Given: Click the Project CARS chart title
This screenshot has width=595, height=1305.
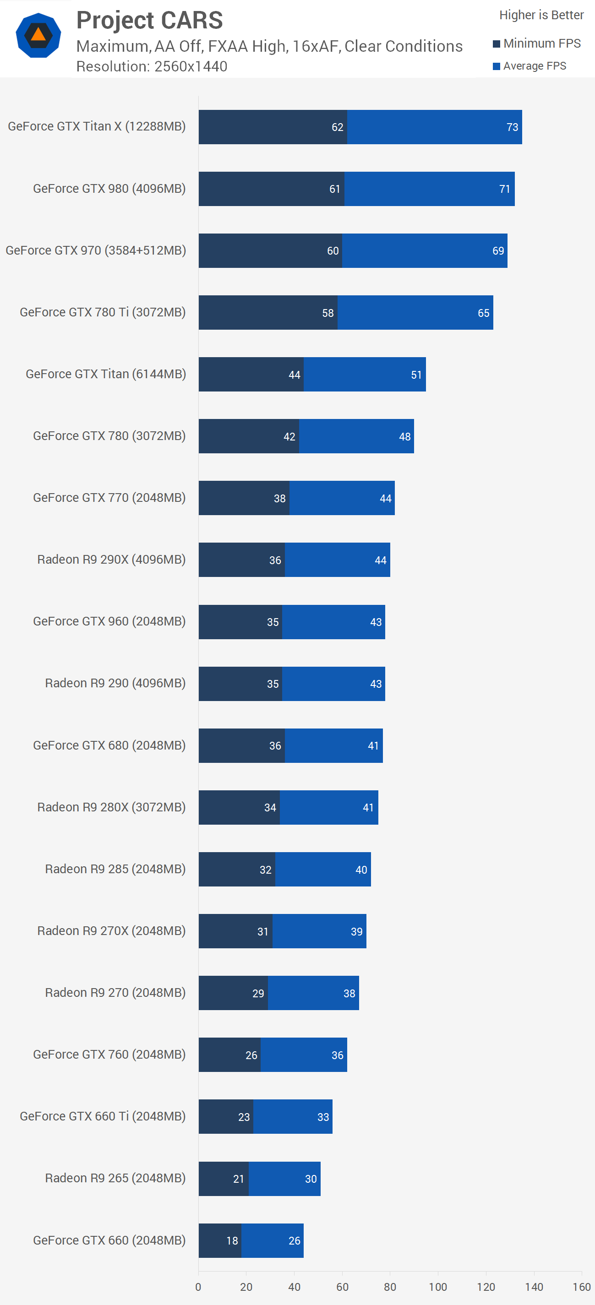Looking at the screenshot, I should click(x=149, y=21).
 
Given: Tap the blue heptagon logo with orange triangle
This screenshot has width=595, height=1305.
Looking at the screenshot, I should click(x=38, y=35).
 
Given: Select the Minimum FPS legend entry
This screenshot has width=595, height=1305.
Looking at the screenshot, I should click(x=537, y=43).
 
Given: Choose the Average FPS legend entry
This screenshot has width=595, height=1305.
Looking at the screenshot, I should click(x=530, y=66).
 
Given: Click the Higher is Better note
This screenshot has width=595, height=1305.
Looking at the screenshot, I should click(x=541, y=15).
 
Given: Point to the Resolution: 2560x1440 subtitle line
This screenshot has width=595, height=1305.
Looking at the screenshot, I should click(x=152, y=66).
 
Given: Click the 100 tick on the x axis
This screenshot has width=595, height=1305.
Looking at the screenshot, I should click(x=438, y=1287).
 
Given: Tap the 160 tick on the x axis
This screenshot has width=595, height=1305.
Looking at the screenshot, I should click(x=582, y=1287).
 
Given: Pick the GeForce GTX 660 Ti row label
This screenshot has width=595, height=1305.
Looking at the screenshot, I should click(x=103, y=1116).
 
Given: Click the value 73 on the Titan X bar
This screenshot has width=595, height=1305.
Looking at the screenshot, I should click(x=513, y=127).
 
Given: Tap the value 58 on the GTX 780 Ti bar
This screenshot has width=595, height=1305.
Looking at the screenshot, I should click(x=328, y=313).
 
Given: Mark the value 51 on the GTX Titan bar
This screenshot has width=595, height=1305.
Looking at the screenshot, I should click(x=416, y=375).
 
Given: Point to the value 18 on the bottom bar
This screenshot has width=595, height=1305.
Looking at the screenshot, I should click(x=232, y=1240).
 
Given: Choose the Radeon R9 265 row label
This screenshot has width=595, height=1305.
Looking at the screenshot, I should click(x=115, y=1178).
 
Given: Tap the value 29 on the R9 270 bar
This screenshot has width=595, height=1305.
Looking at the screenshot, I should click(x=258, y=994).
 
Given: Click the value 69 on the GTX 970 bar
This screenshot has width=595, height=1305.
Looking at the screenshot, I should click(x=498, y=251).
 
